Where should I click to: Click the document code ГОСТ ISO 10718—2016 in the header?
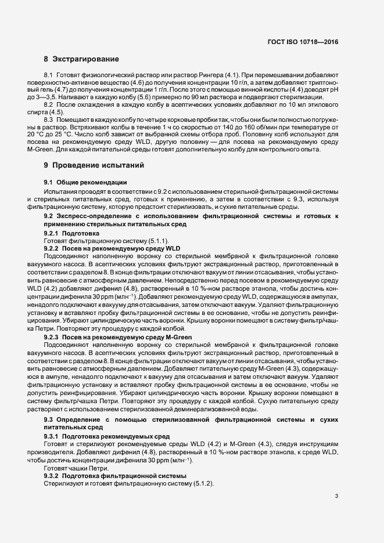[x=303, y=42]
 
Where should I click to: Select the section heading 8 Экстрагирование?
[x=81, y=59]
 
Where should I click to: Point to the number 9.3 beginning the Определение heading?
[x=49, y=419]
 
